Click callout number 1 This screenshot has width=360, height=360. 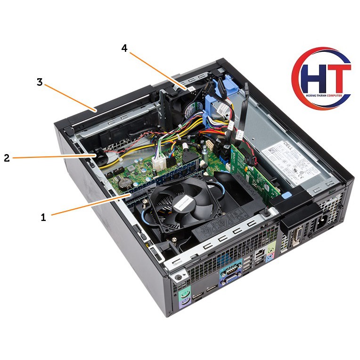click(43, 217)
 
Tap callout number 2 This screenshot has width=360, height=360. click(7, 158)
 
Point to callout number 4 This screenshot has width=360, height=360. click(124, 48)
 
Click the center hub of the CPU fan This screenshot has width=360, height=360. click(184, 205)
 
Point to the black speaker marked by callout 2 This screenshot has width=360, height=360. click(101, 157)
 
